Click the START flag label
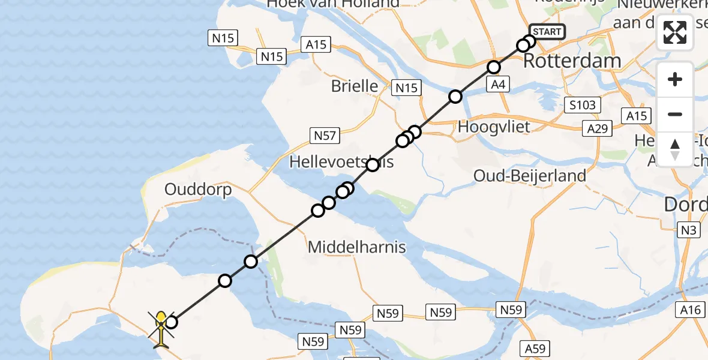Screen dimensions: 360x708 coord(547,32)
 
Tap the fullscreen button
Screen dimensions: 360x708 coord(675,32)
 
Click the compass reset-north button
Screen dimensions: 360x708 coord(675,149)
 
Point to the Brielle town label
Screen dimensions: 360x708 coord(355,86)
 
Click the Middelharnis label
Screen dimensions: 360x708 coord(356,247)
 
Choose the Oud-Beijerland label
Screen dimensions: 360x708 coord(530,176)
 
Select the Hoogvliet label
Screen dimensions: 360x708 coord(494,127)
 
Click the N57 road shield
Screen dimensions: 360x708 coord(325,136)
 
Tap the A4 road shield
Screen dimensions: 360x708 coord(498,85)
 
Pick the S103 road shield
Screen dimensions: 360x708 coord(583,106)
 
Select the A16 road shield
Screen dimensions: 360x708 coord(690,310)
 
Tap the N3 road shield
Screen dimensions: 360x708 coord(686,229)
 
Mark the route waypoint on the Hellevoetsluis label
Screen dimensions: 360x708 coord(373,165)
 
